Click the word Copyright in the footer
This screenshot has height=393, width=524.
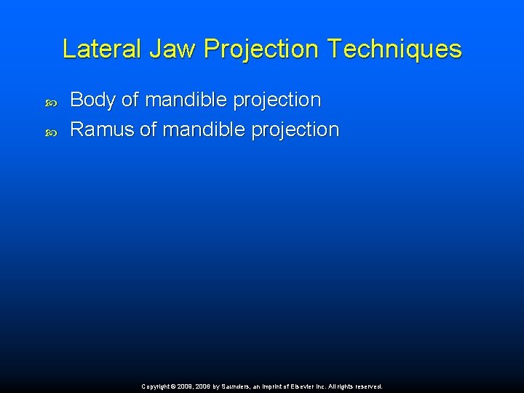click(156, 387)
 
